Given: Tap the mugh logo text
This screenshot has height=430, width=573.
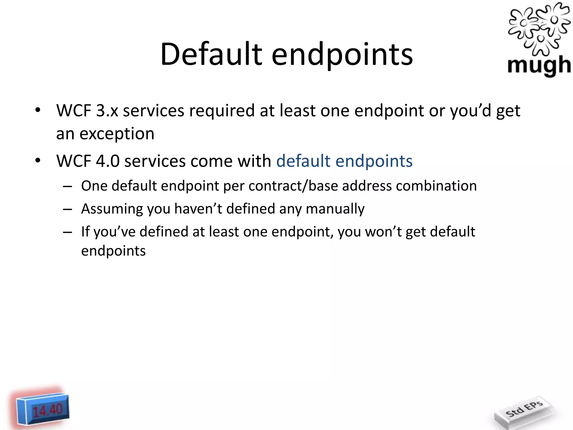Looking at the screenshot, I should [539, 66].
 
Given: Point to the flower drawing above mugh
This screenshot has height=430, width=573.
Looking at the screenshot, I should [539, 28].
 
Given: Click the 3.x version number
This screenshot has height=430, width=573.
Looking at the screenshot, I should [107, 111].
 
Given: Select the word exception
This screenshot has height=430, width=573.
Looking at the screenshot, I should [117, 134].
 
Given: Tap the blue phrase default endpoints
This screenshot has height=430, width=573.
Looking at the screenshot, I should [344, 161].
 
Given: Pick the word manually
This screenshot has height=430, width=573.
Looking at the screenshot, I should [335, 209].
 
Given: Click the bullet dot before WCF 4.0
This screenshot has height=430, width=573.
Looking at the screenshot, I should [38, 161].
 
